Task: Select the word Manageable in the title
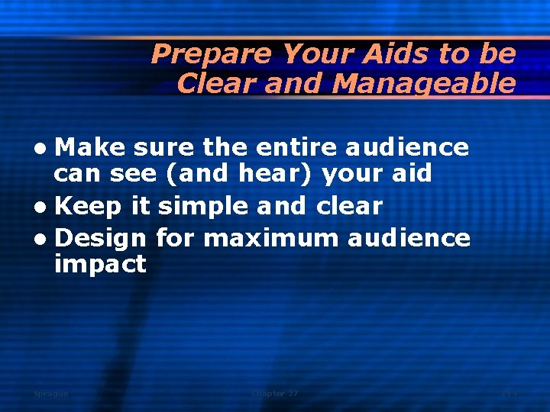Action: (x=424, y=84)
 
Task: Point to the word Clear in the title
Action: (x=216, y=84)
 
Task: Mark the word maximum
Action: (x=271, y=239)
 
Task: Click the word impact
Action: (x=100, y=266)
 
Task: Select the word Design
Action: (x=100, y=240)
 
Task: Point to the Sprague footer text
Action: (x=50, y=394)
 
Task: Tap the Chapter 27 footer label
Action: (x=275, y=394)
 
